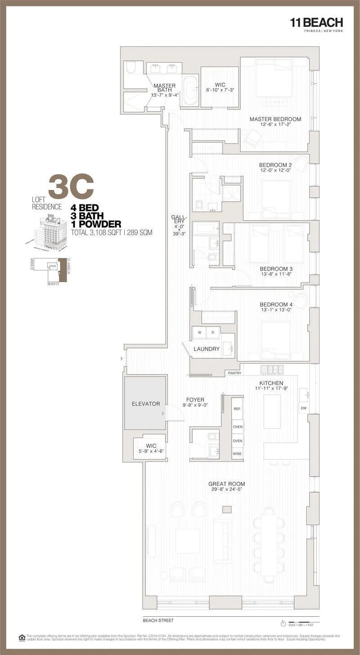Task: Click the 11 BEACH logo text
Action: (316, 23)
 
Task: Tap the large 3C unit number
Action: (71, 187)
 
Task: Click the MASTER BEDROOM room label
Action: (275, 119)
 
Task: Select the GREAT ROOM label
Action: (226, 484)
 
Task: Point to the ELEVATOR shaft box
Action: (145, 403)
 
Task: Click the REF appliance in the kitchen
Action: (237, 409)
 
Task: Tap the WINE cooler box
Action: (237, 454)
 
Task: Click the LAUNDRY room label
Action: (206, 349)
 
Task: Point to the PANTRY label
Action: (234, 373)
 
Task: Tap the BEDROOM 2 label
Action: (275, 165)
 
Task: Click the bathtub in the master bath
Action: (189, 91)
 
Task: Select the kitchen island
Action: (272, 411)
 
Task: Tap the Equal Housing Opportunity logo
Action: (22, 637)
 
